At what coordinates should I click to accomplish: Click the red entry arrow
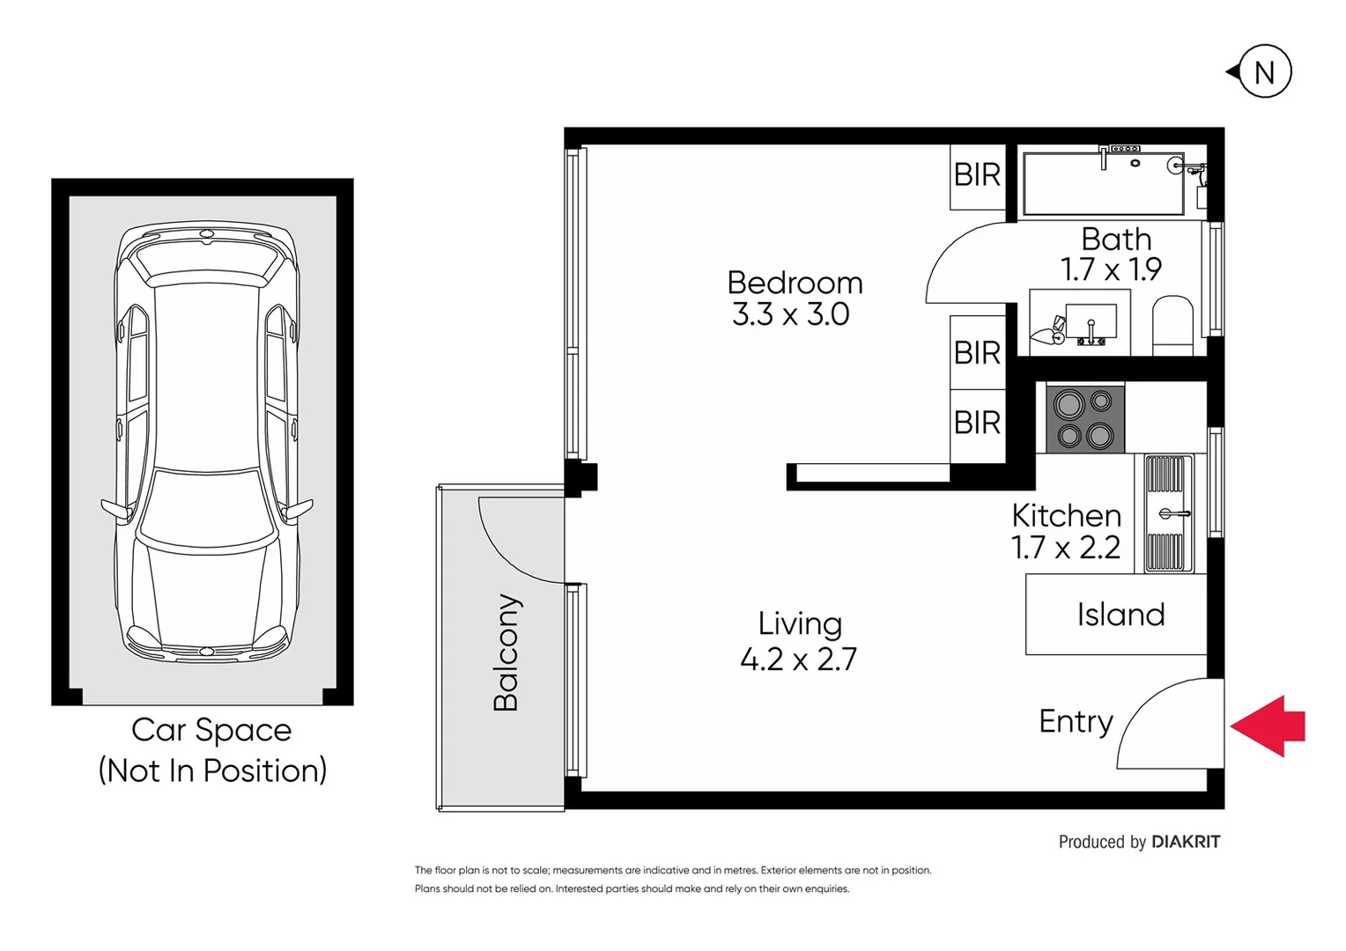tap(1267, 726)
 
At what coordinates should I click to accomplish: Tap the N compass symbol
tap(1260, 71)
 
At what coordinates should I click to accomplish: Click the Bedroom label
tap(795, 283)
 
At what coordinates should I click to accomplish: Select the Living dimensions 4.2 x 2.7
tap(798, 659)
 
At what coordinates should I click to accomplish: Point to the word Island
tap(1120, 615)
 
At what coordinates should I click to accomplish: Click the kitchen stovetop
tap(1084, 419)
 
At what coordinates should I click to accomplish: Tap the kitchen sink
tap(1168, 513)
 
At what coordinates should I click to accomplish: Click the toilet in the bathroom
tap(1172, 325)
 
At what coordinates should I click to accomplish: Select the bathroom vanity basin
tap(1091, 321)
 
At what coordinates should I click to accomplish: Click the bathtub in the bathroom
tap(1103, 183)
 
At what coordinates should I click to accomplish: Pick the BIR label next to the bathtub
tap(977, 175)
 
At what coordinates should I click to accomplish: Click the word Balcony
tap(506, 652)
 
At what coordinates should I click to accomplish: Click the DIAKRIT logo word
tap(1187, 842)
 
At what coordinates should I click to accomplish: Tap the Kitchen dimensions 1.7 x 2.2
tap(1066, 548)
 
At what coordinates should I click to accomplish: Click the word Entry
tap(1076, 721)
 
